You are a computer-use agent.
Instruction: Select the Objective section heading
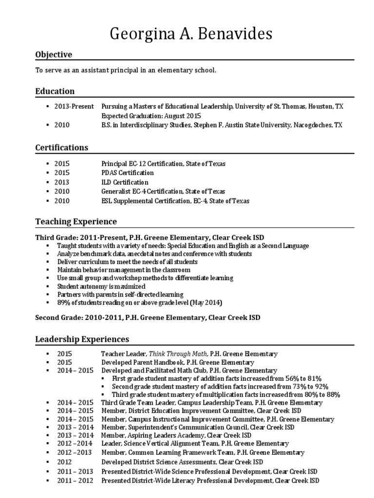tap(54, 54)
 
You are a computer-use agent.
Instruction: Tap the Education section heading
tap(55, 91)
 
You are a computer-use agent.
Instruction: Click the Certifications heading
tap(62, 147)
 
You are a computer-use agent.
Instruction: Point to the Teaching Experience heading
tap(76, 221)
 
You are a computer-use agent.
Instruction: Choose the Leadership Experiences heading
tap(82, 338)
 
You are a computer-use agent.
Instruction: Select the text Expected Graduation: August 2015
tap(151, 116)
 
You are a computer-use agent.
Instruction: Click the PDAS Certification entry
tap(127, 173)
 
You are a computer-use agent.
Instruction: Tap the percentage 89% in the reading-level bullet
tap(64, 302)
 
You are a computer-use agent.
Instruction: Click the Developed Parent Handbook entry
tap(177, 362)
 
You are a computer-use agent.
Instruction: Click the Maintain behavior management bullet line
tap(124, 269)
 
